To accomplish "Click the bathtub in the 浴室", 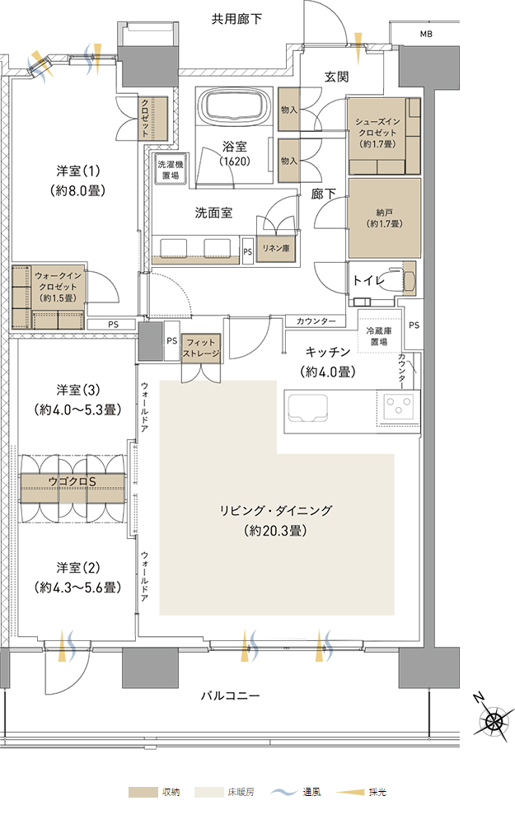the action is click(x=236, y=106).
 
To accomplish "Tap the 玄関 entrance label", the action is click(x=336, y=77).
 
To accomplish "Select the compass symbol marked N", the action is click(x=494, y=720).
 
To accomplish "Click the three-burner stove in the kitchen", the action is click(x=398, y=407).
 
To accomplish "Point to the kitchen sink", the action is click(x=307, y=409).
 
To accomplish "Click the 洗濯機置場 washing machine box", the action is click(x=171, y=170).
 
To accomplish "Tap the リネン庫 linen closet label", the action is click(x=276, y=248).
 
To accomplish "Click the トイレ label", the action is click(x=368, y=280).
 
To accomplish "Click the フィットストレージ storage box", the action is click(x=200, y=349).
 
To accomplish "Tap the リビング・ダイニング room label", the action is click(x=276, y=510).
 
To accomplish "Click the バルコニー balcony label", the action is click(x=231, y=695).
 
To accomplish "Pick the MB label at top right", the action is click(x=426, y=34).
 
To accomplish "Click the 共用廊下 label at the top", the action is click(x=236, y=20).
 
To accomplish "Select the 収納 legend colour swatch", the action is click(x=143, y=792).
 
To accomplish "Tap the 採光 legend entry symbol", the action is click(x=350, y=792).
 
